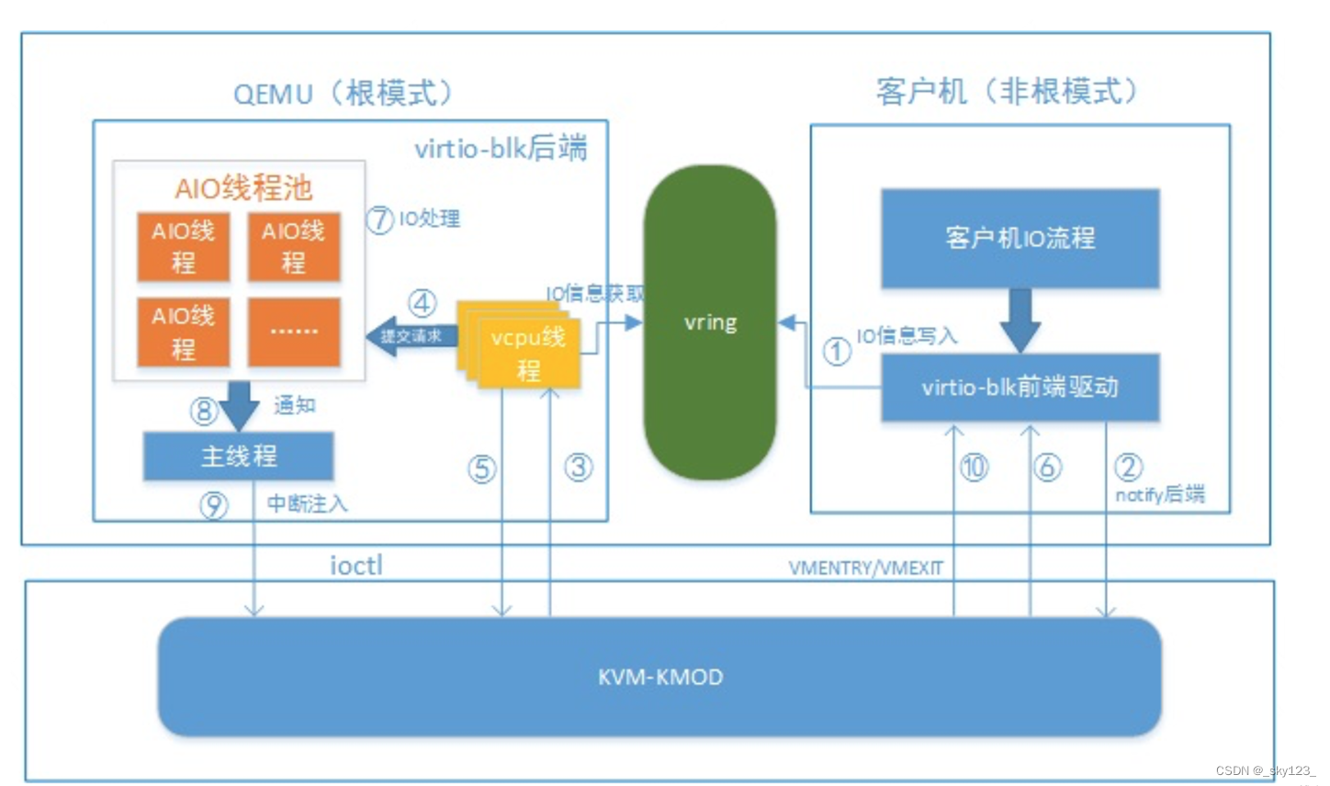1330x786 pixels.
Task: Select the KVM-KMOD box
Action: [x=659, y=677]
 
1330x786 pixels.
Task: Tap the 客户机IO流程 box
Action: [x=1020, y=239]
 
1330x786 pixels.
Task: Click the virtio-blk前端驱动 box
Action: [x=1020, y=387]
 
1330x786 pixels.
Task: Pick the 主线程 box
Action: [x=238, y=456]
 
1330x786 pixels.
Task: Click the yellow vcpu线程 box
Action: [x=527, y=353]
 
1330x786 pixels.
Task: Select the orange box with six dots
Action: [x=294, y=331]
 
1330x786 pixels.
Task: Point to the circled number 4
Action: [x=422, y=303]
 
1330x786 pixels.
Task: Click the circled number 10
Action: [x=974, y=467]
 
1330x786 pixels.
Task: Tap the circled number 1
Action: [x=836, y=351]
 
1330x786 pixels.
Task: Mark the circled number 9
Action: [x=214, y=504]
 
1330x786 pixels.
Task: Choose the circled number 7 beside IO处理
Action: [x=379, y=219]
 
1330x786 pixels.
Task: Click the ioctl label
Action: [x=355, y=566]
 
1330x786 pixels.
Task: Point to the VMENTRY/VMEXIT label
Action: [x=865, y=568]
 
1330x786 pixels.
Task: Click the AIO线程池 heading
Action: [x=243, y=188]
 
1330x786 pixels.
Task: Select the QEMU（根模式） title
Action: [x=344, y=93]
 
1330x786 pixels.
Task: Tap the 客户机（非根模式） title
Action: [x=1008, y=91]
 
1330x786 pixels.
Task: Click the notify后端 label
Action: [x=1159, y=495]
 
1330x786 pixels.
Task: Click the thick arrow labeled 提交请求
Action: [x=411, y=336]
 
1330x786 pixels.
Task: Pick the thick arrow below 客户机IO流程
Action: [x=1020, y=320]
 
